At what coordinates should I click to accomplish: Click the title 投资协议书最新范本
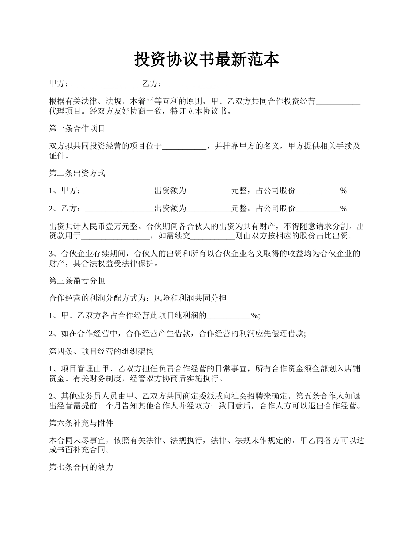click(206, 60)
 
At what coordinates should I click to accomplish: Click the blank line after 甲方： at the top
click(107, 84)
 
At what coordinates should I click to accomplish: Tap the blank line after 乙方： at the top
click(200, 84)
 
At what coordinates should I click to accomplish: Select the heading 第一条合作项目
click(77, 129)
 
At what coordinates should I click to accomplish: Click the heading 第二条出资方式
click(77, 173)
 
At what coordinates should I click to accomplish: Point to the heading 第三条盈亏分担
click(77, 281)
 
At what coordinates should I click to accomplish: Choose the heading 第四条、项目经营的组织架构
click(101, 351)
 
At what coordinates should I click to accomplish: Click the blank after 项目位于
click(184, 147)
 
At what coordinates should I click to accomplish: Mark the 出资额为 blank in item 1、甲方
click(208, 191)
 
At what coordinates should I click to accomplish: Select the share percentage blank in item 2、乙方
click(318, 209)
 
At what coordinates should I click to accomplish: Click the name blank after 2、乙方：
click(120, 209)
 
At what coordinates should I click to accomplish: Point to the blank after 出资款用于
click(116, 236)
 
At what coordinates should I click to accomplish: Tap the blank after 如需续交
click(213, 236)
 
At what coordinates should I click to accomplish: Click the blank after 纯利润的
click(228, 316)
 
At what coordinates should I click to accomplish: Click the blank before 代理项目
click(338, 102)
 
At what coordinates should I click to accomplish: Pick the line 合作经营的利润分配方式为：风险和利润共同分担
click(138, 298)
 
